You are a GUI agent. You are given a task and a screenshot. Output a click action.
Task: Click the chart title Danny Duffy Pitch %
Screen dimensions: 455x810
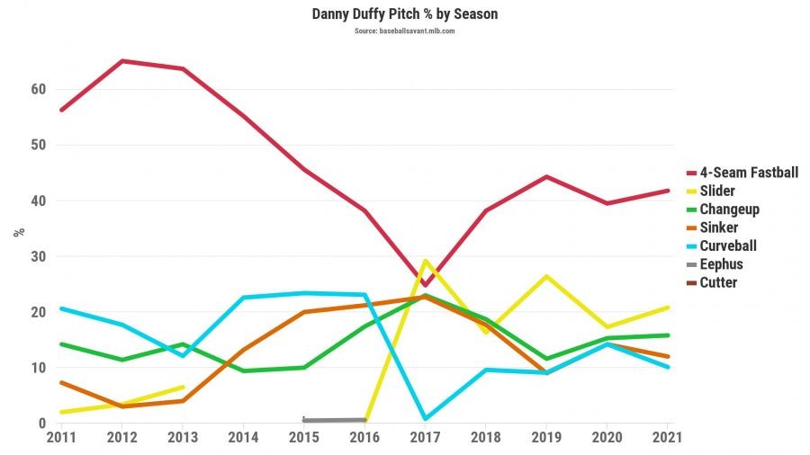click(x=404, y=14)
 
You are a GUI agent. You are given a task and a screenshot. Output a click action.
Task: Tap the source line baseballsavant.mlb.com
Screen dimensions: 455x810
click(x=404, y=31)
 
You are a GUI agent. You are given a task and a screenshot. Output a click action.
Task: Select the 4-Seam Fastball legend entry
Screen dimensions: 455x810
click(x=749, y=173)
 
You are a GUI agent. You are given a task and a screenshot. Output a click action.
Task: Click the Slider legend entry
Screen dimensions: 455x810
click(x=718, y=191)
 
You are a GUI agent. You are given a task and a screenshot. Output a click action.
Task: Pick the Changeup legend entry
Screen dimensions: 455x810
click(x=729, y=210)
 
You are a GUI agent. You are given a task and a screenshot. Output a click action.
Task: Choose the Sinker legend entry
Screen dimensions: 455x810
click(x=718, y=227)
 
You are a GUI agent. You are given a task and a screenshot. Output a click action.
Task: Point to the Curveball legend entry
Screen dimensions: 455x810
click(x=728, y=245)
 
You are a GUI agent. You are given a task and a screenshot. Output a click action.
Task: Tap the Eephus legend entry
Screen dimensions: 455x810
click(x=721, y=264)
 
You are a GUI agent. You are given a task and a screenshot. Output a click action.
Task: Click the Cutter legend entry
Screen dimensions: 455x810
click(x=718, y=282)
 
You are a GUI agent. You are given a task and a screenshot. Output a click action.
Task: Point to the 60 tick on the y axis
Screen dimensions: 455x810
click(x=37, y=89)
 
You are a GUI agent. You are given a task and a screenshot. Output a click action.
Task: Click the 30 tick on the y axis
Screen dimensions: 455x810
click(x=37, y=256)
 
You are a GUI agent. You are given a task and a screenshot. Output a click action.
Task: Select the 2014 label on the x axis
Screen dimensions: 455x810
click(x=244, y=437)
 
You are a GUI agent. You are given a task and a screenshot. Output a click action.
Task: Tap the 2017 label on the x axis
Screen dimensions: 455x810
click(x=425, y=437)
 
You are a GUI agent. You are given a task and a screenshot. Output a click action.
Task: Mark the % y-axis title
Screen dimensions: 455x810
click(x=19, y=231)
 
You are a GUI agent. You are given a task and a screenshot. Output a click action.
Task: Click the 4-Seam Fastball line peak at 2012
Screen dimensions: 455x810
click(x=121, y=61)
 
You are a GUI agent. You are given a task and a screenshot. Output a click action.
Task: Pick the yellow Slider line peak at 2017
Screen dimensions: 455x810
click(x=425, y=261)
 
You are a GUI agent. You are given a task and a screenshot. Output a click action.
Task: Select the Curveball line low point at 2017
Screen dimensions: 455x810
click(x=425, y=418)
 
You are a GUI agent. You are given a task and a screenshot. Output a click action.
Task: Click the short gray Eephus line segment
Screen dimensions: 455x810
click(x=334, y=420)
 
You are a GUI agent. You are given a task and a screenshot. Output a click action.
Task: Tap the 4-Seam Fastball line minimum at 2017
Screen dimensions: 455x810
click(x=425, y=285)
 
